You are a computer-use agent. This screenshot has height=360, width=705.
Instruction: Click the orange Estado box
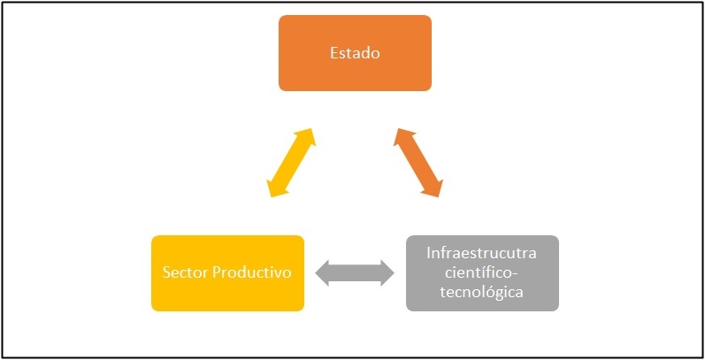point(355,53)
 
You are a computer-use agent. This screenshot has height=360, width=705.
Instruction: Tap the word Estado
point(355,53)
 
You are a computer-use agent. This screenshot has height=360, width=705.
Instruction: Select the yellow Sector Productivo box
point(227,273)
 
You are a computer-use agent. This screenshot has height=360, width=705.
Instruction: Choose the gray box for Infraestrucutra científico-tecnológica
point(482,273)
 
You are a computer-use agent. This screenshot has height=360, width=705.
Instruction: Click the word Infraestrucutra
point(482,253)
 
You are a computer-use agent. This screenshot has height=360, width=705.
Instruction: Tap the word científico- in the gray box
point(482,272)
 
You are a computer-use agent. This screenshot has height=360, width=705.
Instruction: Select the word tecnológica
point(482,292)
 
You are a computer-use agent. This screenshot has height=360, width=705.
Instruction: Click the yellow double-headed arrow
point(291,163)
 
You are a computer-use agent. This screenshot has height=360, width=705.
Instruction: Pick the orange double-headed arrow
point(418,163)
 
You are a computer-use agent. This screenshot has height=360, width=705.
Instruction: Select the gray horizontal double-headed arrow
point(355,272)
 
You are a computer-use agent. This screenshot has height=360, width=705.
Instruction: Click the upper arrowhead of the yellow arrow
point(307,136)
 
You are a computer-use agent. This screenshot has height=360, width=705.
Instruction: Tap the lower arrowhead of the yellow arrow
point(275,188)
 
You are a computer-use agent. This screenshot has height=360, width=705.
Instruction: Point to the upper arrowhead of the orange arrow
point(402,136)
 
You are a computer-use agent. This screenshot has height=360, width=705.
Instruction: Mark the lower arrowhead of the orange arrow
point(434,188)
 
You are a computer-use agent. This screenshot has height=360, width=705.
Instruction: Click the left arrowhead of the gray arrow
point(322,272)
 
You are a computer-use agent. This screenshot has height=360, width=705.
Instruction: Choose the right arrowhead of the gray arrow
point(387,272)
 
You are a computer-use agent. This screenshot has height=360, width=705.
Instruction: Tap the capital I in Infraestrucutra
point(428,253)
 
